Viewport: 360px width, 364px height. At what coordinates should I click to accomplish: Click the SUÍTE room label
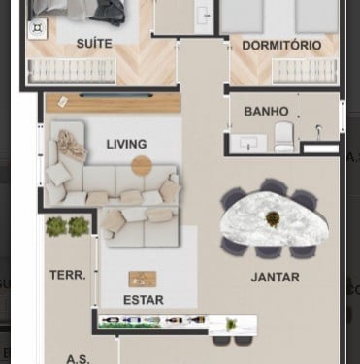tap(94, 44)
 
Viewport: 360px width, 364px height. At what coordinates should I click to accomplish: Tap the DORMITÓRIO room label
tap(281, 46)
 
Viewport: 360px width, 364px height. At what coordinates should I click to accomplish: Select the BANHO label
tap(266, 112)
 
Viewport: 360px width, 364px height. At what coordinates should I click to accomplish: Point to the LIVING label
tap(126, 144)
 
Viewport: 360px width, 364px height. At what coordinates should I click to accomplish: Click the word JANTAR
tap(276, 278)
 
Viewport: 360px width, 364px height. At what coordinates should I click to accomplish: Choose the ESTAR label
tap(144, 300)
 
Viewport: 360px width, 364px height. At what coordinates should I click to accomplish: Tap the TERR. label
tap(68, 275)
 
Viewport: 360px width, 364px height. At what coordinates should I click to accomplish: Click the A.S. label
tap(78, 359)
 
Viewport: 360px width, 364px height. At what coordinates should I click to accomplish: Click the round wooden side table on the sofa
tap(142, 166)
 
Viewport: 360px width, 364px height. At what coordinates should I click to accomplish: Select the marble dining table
tap(275, 219)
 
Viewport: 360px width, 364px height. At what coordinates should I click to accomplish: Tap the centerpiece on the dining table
tap(273, 219)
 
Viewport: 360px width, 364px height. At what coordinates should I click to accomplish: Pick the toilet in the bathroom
tap(283, 137)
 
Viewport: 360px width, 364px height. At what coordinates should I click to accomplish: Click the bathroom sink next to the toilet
tap(248, 144)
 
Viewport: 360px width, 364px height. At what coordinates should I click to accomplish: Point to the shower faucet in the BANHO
tap(318, 131)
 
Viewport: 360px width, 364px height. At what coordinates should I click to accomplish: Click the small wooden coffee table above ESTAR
tap(143, 280)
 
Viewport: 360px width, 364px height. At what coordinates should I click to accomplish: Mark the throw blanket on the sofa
tap(71, 145)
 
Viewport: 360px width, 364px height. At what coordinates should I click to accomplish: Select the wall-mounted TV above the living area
tap(116, 95)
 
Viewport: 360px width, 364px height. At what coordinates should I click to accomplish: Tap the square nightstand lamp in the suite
tap(38, 28)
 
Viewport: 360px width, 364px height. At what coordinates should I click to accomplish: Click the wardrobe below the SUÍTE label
tap(72, 71)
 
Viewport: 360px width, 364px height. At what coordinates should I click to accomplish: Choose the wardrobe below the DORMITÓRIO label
tap(305, 71)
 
